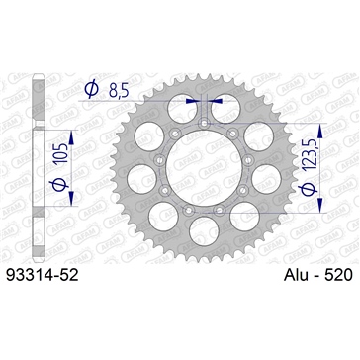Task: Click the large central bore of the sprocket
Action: pos(208,162)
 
